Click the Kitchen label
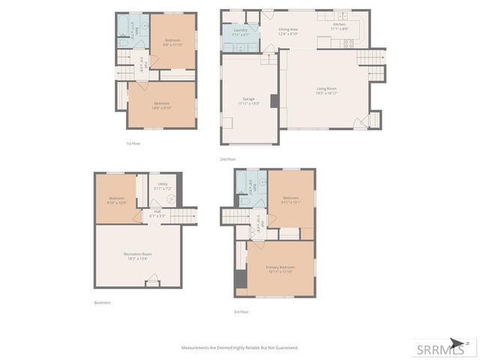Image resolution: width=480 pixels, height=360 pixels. click(340, 25)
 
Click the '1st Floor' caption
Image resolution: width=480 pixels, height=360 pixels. click(133, 143)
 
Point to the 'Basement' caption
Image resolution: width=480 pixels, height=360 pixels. click(103, 302)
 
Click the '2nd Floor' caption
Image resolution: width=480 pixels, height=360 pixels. click(227, 159)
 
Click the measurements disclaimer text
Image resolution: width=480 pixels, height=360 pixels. click(240, 348)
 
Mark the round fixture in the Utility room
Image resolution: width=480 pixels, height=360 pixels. click(169, 199)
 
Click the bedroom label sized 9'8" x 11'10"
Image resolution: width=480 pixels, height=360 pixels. click(172, 41)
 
